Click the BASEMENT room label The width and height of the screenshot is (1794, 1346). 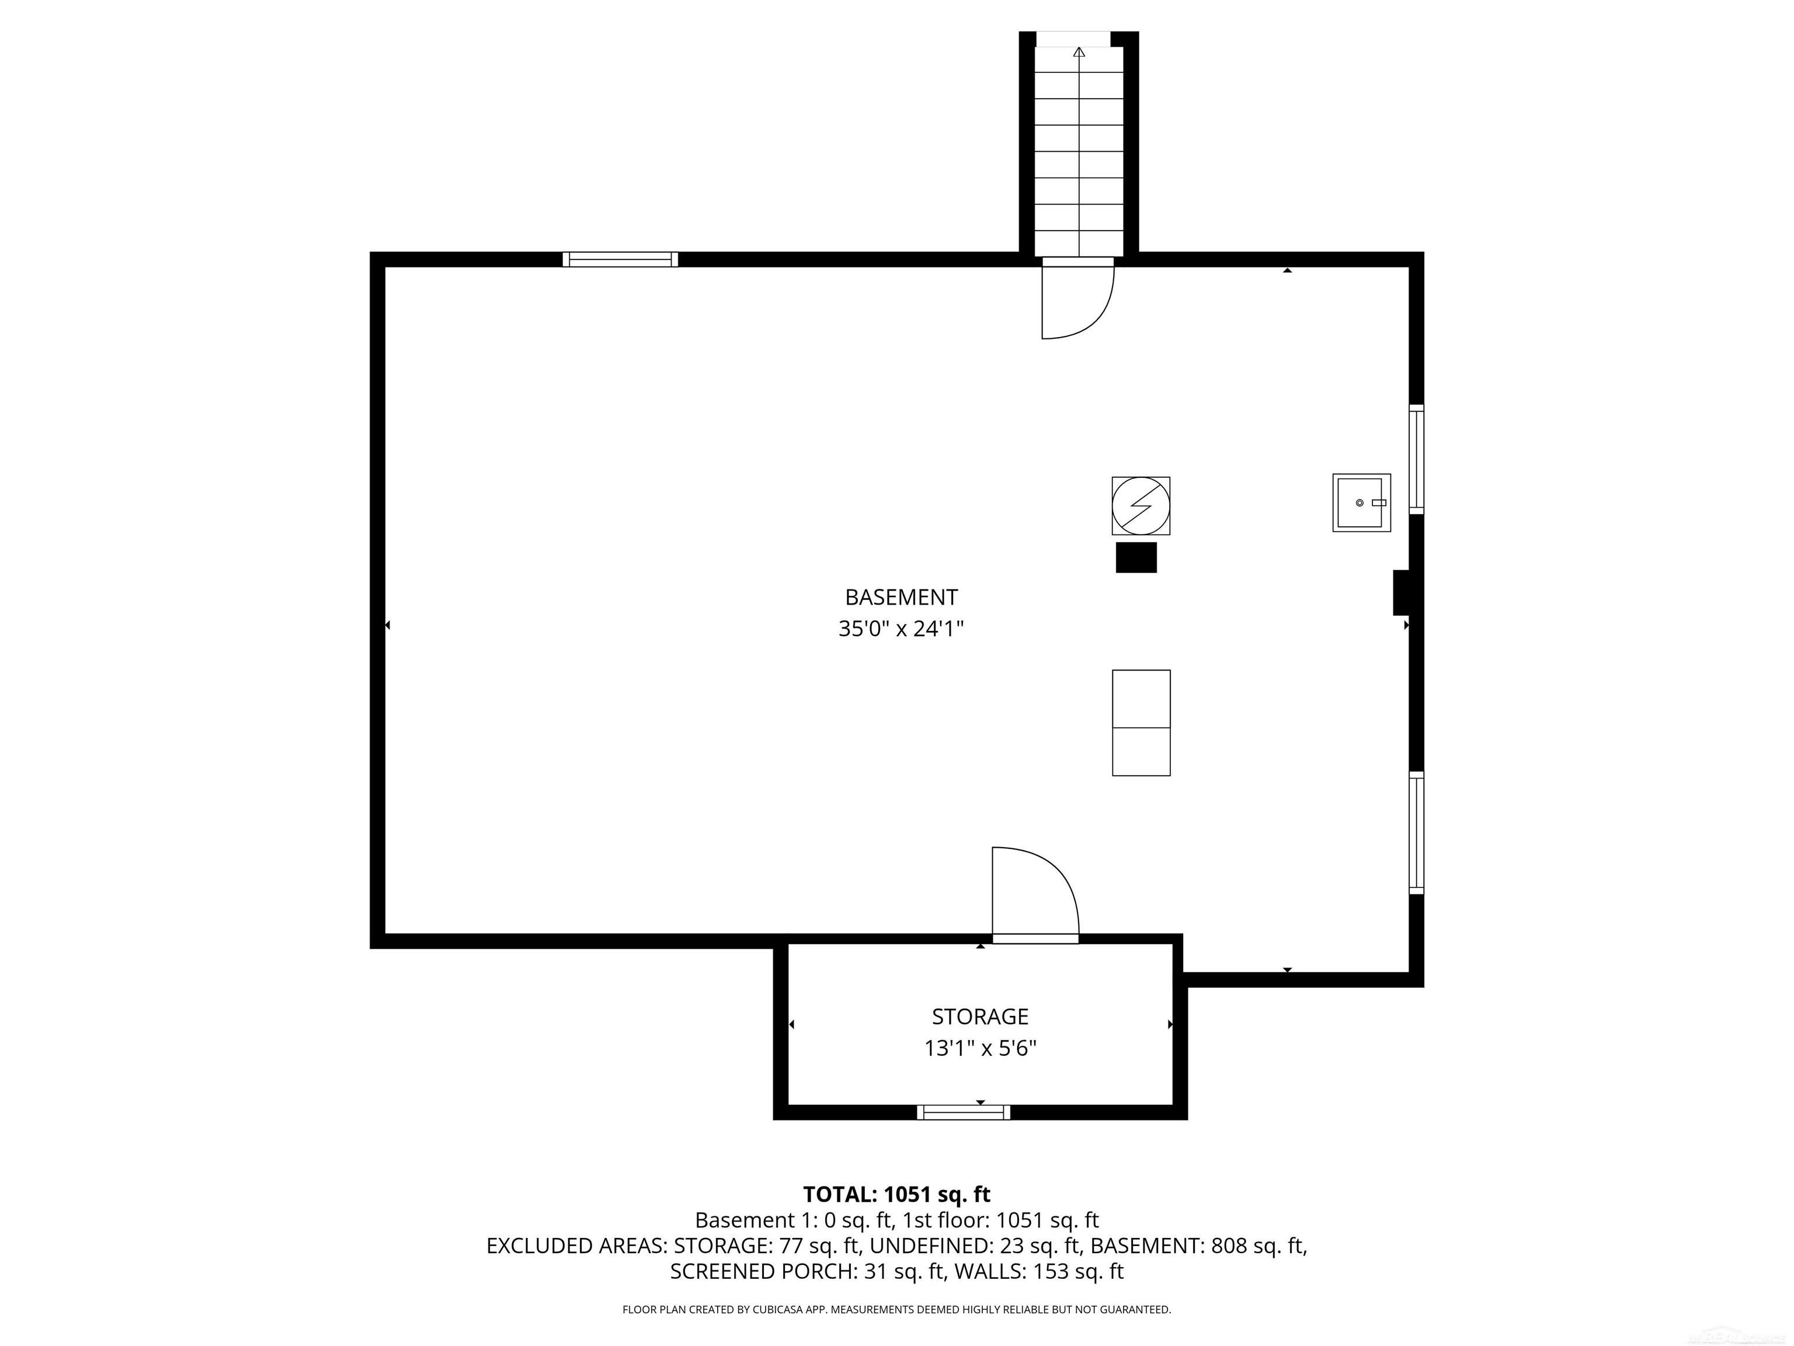click(901, 597)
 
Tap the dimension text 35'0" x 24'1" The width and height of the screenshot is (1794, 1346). click(901, 629)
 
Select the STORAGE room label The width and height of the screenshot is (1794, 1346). click(980, 1017)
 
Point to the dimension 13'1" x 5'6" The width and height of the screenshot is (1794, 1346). click(980, 1048)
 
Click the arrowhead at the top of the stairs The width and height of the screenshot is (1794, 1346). click(1079, 53)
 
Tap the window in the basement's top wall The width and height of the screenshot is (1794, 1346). click(620, 259)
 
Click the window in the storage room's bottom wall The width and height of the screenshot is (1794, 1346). click(964, 1112)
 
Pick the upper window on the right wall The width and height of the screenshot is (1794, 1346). click(1416, 459)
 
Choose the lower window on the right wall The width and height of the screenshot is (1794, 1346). click(1416, 833)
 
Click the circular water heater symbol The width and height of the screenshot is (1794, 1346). click(1141, 505)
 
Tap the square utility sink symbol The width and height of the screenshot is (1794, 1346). click(1361, 503)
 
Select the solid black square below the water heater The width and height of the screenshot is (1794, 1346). click(1135, 558)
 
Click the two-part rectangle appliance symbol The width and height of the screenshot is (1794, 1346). click(1141, 723)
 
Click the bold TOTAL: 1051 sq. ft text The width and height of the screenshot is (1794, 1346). click(896, 1194)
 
